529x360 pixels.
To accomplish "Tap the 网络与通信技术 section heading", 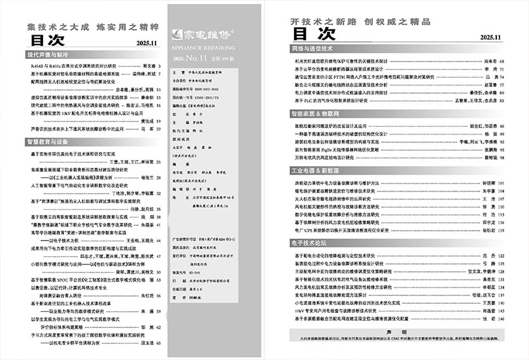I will coord(312,48).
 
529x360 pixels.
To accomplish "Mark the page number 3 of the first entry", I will coord(161,66).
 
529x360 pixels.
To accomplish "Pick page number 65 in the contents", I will coord(159,342).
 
